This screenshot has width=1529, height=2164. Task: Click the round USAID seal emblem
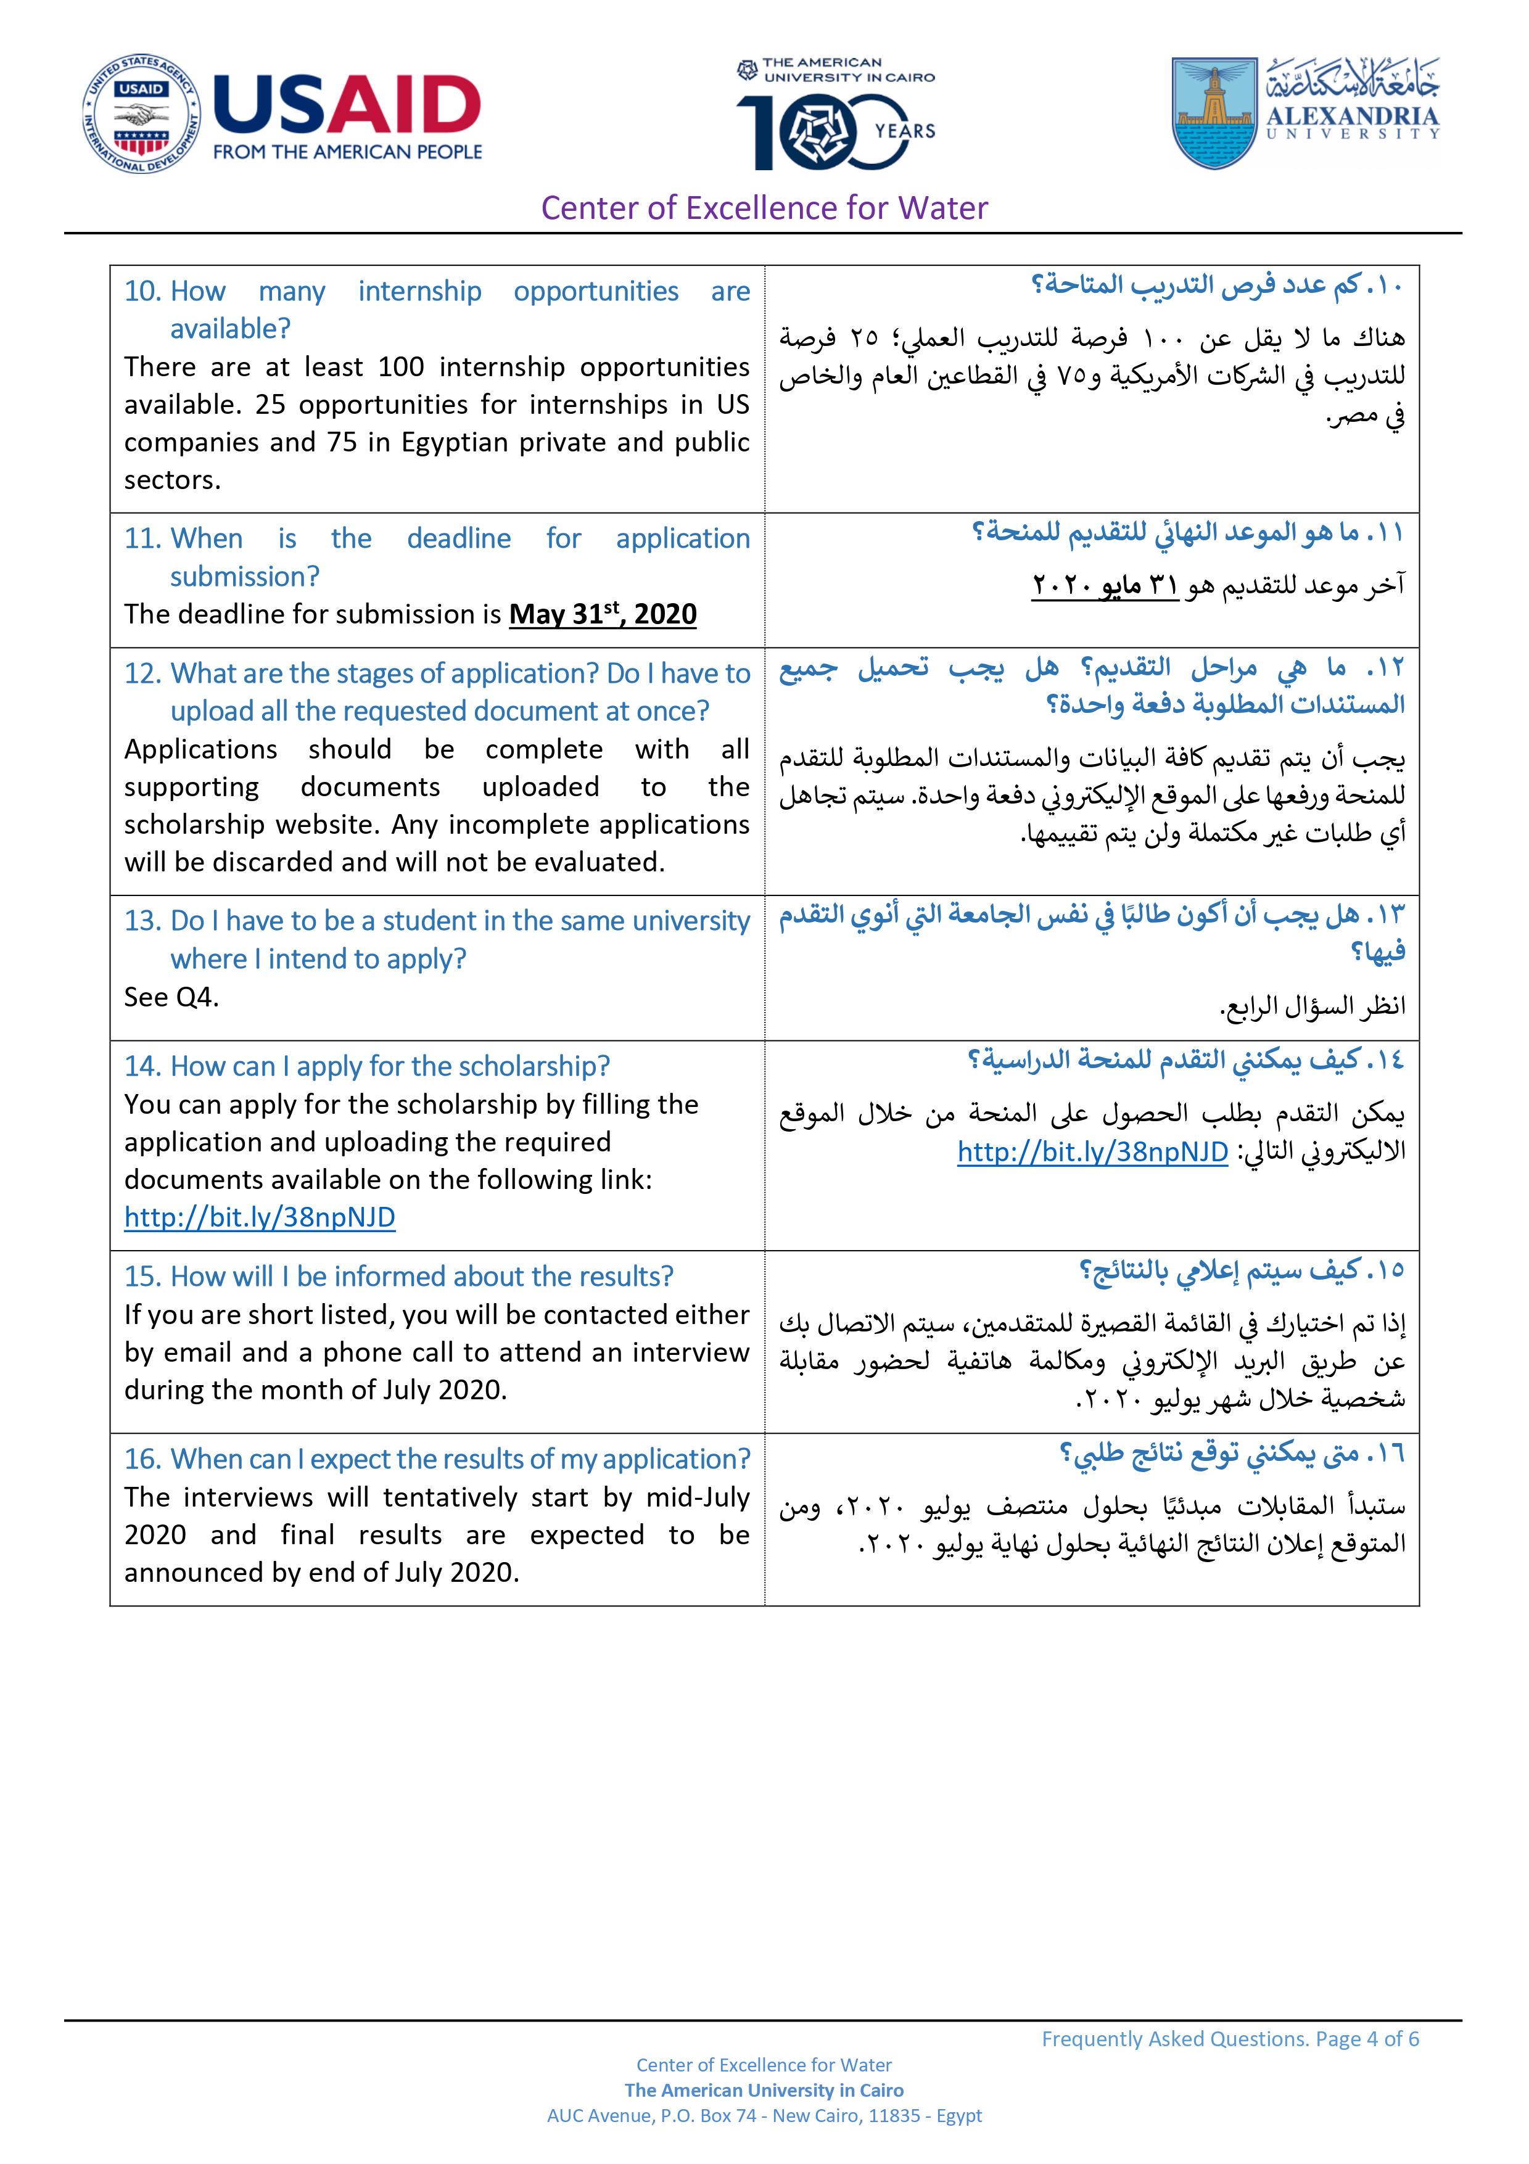141,114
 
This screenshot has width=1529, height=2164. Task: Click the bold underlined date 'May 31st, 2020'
603,614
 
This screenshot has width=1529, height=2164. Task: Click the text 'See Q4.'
171,997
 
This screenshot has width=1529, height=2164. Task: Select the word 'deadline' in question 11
459,538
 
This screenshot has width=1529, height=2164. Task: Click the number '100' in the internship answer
401,367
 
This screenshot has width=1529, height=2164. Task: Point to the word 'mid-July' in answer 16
699,1497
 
